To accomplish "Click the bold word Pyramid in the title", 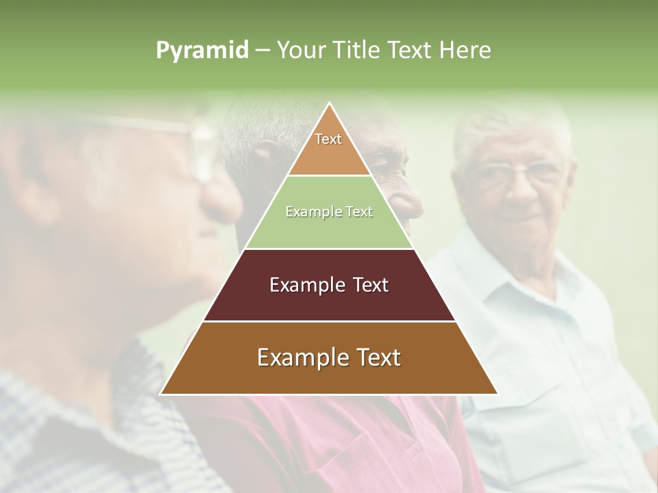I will pos(202,51).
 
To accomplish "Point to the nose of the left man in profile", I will pos(226,199).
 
